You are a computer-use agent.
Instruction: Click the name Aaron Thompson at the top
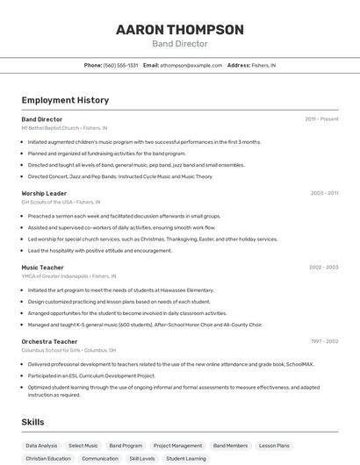pyautogui.click(x=180, y=29)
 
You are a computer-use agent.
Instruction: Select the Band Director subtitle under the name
pyautogui.click(x=180, y=43)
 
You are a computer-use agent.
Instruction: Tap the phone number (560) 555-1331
pyautogui.click(x=121, y=65)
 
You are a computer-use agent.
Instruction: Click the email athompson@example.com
pyautogui.click(x=191, y=65)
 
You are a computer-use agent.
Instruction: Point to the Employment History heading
pyautogui.click(x=65, y=100)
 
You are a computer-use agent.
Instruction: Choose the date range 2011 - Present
pyautogui.click(x=321, y=118)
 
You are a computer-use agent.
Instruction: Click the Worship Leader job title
pyautogui.click(x=44, y=193)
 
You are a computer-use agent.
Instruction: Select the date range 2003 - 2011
pyautogui.click(x=324, y=193)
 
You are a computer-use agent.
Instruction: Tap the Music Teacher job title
pyautogui.click(x=42, y=267)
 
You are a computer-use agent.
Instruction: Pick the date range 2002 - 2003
pyautogui.click(x=323, y=267)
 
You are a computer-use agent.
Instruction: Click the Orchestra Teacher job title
pyautogui.click(x=49, y=341)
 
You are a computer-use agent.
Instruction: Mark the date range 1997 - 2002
pyautogui.click(x=324, y=341)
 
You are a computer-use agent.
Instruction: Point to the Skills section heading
pyautogui.click(x=33, y=422)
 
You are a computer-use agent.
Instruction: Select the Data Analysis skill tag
pyautogui.click(x=41, y=446)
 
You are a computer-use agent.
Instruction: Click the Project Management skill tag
pyautogui.click(x=177, y=446)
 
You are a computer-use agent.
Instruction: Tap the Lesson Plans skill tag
pyautogui.click(x=274, y=446)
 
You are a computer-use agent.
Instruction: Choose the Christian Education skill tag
pyautogui.click(x=48, y=458)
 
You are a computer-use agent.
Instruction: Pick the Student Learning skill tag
pyautogui.click(x=186, y=458)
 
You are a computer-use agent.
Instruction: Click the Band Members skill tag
pyautogui.click(x=230, y=446)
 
